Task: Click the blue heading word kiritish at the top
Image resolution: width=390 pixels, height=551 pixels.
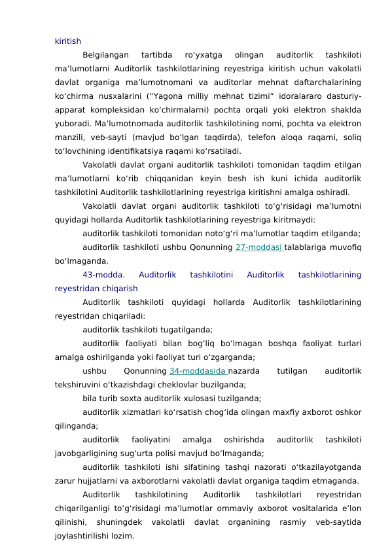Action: (68, 41)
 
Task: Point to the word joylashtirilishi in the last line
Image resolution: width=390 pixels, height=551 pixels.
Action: (82, 535)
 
